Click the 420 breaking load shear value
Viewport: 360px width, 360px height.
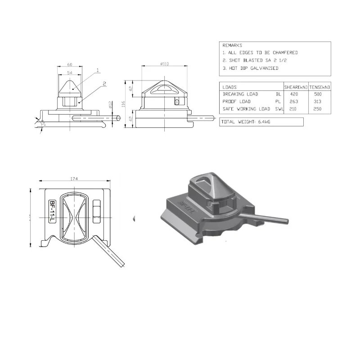[294, 94]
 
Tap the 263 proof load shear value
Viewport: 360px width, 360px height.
[294, 101]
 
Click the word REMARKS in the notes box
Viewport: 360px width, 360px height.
[232, 45]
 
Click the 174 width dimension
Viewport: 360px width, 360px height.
[74, 179]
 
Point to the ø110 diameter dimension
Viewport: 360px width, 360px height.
[165, 64]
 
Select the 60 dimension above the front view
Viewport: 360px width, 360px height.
[70, 64]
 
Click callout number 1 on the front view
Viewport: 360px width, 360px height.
[97, 70]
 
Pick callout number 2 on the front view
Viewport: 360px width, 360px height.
[103, 83]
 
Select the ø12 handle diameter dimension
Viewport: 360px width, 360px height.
[110, 105]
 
